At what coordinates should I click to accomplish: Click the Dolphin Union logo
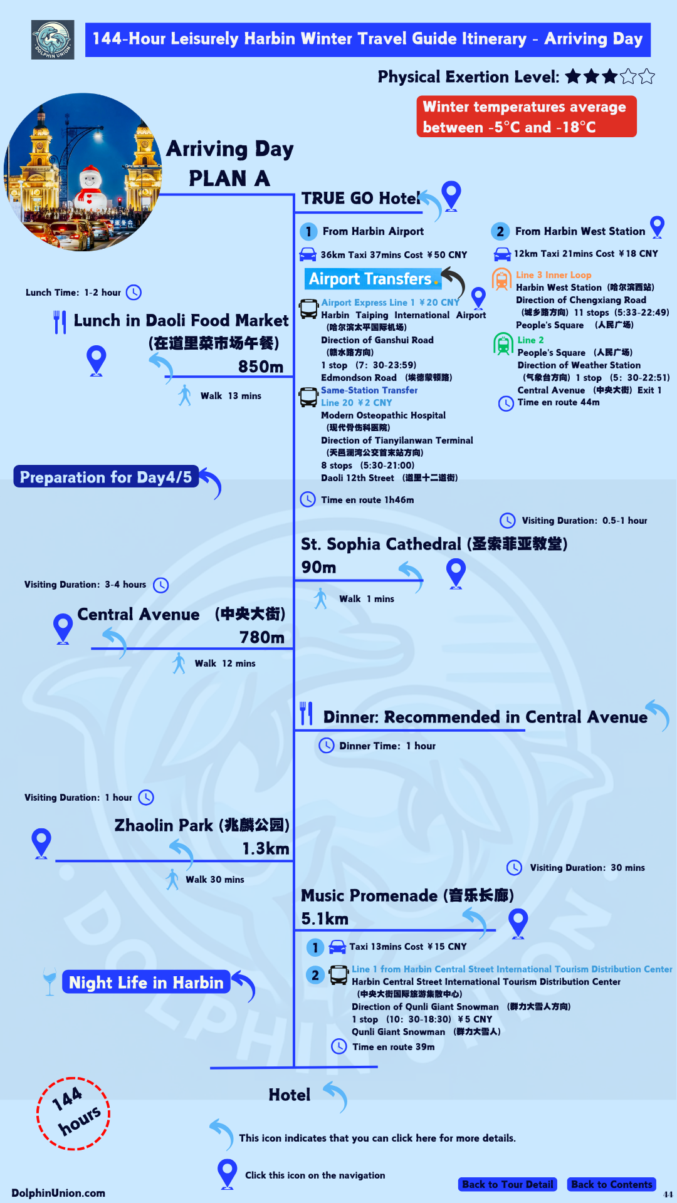click(x=53, y=40)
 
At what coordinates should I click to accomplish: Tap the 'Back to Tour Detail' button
click(x=508, y=1184)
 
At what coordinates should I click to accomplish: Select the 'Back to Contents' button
click(x=611, y=1184)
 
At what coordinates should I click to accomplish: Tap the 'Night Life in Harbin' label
click(x=146, y=982)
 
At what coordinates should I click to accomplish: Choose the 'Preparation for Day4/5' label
click(x=106, y=477)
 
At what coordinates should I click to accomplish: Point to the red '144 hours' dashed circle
click(x=73, y=1114)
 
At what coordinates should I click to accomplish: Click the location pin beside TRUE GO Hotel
click(x=451, y=194)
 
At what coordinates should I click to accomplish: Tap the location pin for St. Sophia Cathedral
click(x=456, y=572)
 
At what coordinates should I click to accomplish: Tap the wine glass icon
click(x=50, y=981)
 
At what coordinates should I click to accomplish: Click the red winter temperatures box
click(x=527, y=117)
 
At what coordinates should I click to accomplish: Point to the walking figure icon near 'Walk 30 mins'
click(x=172, y=879)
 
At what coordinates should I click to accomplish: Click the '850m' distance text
click(x=261, y=367)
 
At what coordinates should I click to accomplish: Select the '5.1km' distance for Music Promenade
click(x=325, y=919)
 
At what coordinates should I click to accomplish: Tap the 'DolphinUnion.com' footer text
click(x=58, y=1193)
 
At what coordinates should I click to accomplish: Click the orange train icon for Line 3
click(x=501, y=279)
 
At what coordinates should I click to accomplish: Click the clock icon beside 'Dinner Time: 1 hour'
click(x=327, y=745)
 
